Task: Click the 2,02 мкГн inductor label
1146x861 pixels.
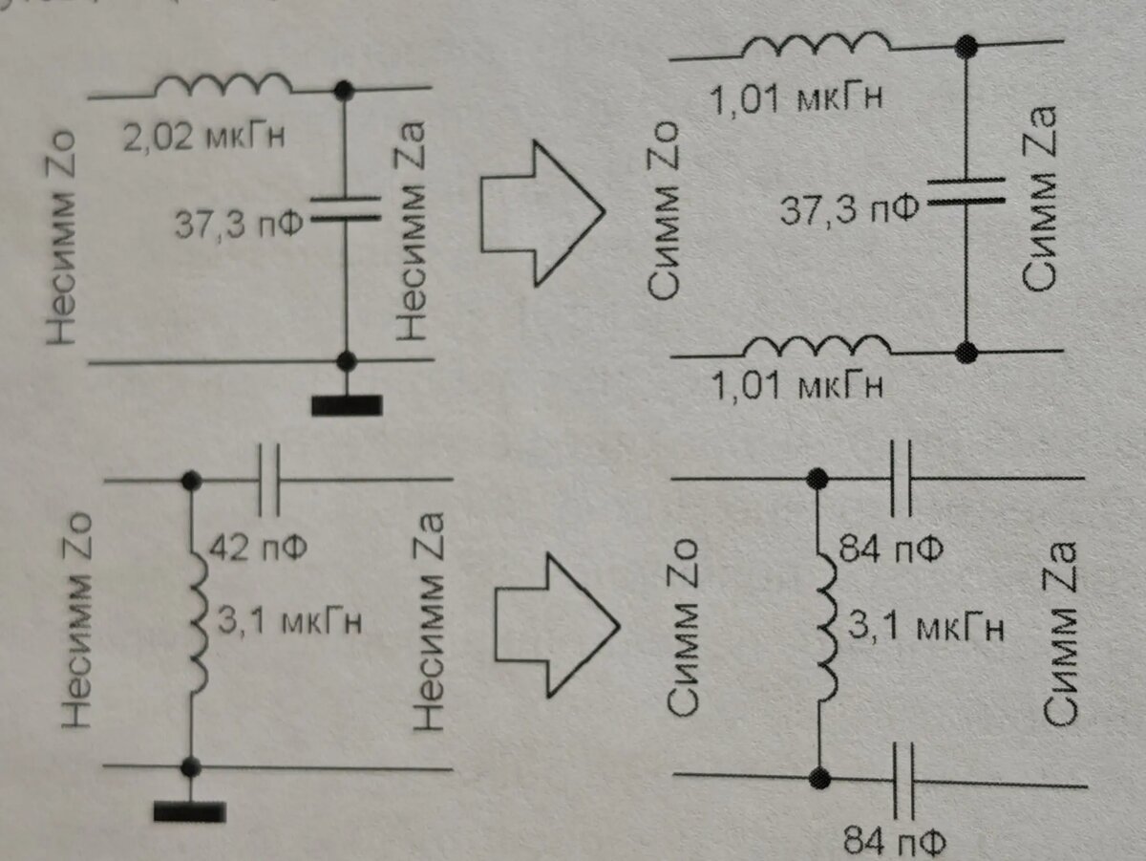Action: point(204,138)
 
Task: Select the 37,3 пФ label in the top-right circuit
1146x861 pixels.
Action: point(849,210)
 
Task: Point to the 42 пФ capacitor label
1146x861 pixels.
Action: point(258,548)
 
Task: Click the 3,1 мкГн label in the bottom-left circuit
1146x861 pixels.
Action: point(289,622)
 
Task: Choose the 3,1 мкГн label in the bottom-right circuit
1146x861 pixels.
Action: point(925,626)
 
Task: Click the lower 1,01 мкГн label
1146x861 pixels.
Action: point(796,385)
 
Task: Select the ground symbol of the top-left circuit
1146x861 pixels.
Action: point(347,405)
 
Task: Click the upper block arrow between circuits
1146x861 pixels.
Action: point(542,214)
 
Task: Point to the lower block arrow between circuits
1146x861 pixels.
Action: point(557,626)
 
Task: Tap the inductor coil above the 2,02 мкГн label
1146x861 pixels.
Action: point(223,85)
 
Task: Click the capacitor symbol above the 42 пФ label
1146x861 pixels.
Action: point(269,481)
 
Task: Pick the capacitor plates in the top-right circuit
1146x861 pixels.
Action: point(966,191)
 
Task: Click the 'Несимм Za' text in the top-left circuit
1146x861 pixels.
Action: point(412,230)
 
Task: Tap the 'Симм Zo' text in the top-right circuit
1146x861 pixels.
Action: point(664,210)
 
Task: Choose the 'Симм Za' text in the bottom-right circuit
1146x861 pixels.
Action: point(1060,635)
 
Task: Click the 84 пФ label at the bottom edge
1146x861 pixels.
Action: point(895,842)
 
